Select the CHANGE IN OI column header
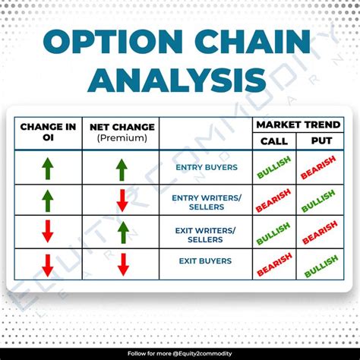47,131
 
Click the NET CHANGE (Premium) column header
122,131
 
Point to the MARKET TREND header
298,124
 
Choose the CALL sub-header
273,141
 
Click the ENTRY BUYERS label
206,167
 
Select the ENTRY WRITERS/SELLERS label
206,201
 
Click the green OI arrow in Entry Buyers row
47,168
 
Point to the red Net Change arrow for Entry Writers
122,201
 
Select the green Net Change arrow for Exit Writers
122,232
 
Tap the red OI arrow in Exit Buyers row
47,264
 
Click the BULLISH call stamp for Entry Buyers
273,167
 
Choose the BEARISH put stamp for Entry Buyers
319,167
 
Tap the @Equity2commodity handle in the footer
203,352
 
